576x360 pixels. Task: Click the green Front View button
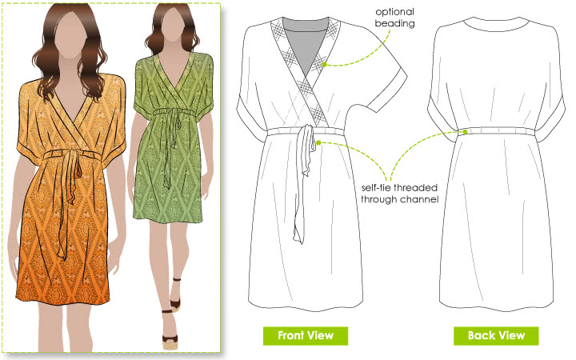[306, 336]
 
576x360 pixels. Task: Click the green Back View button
[496, 336]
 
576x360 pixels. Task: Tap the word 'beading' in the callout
[394, 23]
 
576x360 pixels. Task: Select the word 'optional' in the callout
[394, 12]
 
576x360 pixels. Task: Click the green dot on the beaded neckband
[324, 65]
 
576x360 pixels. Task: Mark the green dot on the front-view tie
[318, 142]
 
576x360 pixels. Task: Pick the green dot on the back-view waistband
[465, 132]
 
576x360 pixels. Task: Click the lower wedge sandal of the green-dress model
[170, 338]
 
